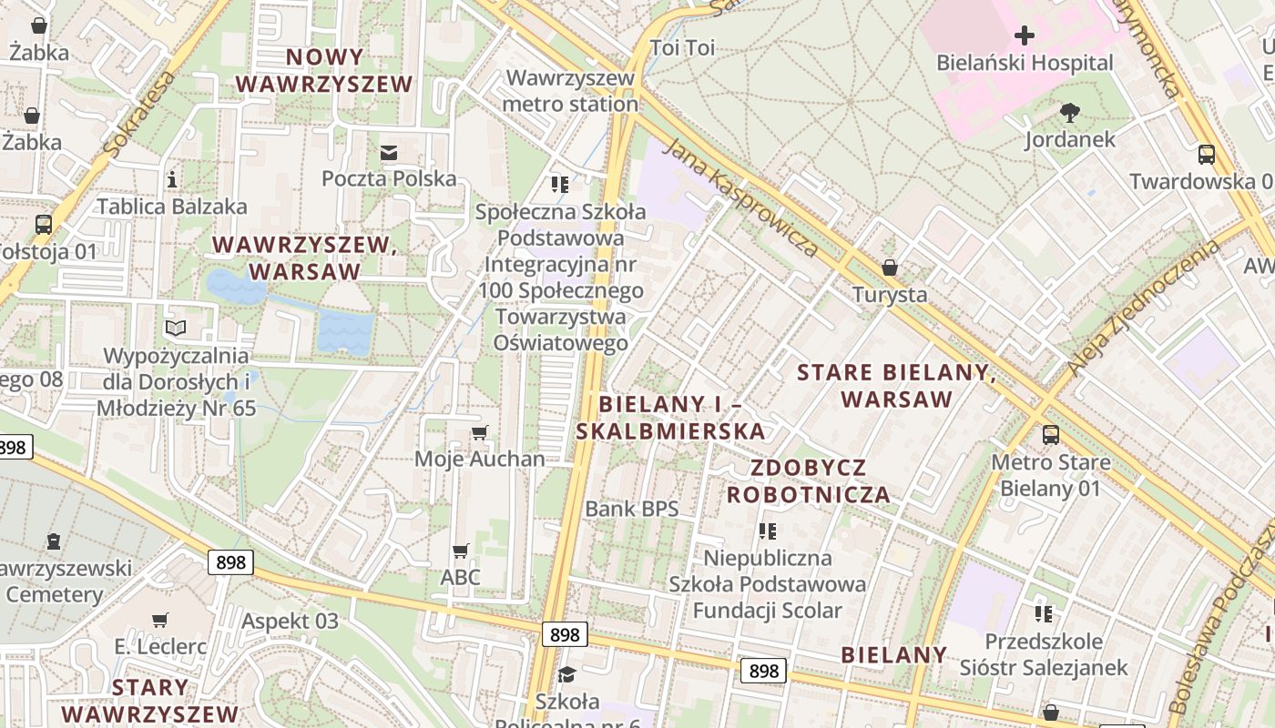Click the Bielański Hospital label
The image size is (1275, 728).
coord(1025,63)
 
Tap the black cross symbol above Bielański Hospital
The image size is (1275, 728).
coord(1025,35)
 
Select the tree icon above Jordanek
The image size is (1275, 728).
coord(1070,113)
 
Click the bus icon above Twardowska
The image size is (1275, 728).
coord(1207,155)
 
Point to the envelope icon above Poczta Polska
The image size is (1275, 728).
coord(389,152)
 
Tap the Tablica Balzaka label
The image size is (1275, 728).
coord(172,206)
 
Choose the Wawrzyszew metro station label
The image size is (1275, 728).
coord(570,90)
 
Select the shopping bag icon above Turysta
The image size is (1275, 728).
coord(890,268)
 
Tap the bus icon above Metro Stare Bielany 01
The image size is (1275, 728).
coord(1051,435)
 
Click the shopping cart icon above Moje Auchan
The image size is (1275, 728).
coord(479,432)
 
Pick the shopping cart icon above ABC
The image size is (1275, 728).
coord(460,551)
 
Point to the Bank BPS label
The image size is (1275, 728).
coord(632,509)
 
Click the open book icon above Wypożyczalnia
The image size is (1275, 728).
coord(176,328)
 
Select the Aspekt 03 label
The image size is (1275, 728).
coord(290,622)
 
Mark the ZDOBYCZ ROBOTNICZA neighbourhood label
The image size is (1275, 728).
coord(808,481)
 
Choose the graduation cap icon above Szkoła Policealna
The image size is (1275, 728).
coord(567,674)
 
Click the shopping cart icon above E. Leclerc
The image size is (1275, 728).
coord(160,620)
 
